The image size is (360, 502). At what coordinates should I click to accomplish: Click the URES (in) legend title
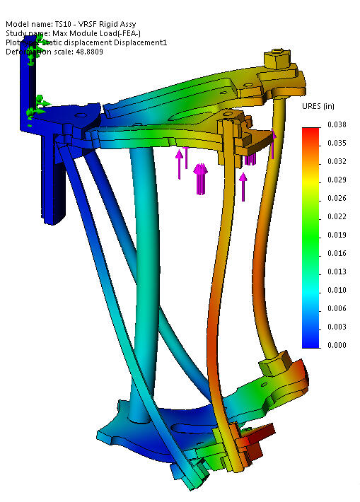(318, 107)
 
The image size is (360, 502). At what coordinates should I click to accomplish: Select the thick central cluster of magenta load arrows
(200, 177)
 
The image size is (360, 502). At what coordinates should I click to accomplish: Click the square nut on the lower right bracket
(272, 366)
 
